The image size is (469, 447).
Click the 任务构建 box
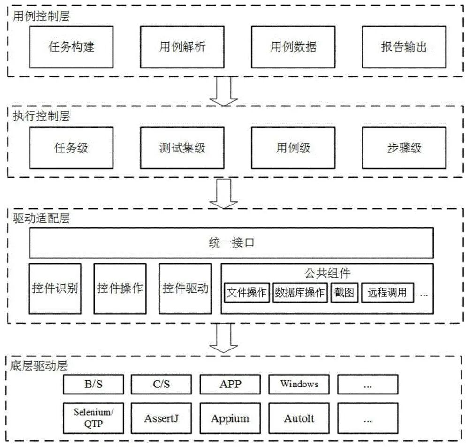pos(72,47)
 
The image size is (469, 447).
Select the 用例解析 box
pos(182,47)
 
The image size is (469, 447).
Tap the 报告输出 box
pos(404,47)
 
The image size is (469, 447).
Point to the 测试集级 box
pos(182,148)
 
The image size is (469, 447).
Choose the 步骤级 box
pos(404,148)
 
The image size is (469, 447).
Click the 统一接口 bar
pos(231,243)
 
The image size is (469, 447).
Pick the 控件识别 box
pos(55,288)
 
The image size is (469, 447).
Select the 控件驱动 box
pos(185,288)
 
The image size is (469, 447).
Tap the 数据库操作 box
pos(299,293)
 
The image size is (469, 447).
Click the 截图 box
pos(344,293)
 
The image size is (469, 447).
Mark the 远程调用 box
pos(387,293)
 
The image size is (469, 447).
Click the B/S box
pos(93,384)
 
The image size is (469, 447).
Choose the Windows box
pos(299,384)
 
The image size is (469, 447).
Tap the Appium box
pos(230,418)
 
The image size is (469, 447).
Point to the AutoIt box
pos(299,418)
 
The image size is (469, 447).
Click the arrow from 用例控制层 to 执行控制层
pos(224,92)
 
